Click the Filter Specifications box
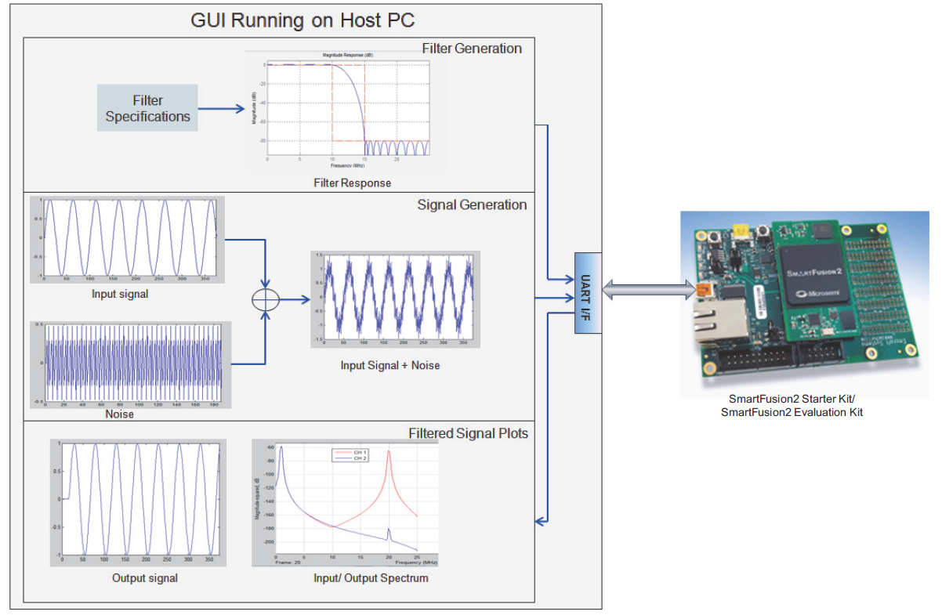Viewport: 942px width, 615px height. tap(147, 108)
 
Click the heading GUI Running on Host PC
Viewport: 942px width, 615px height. tap(303, 20)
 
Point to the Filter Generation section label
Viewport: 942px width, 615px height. tap(472, 49)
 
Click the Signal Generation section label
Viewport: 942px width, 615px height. tap(472, 205)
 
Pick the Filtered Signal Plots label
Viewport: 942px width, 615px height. tap(468, 433)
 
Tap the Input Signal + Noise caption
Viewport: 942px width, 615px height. tap(389, 365)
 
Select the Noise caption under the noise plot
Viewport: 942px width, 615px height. tap(119, 414)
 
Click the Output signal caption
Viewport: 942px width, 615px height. tap(145, 578)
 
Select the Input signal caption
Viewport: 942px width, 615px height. tap(120, 295)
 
